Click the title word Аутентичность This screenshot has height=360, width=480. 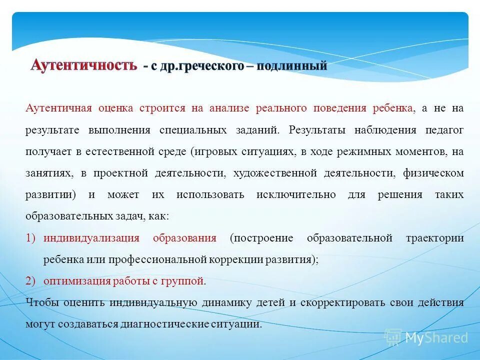pyautogui.click(x=83, y=65)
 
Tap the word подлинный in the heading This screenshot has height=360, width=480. pyautogui.click(x=292, y=65)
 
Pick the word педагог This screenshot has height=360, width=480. pyautogui.click(x=444, y=130)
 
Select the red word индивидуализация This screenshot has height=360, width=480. pyautogui.click(x=91, y=238)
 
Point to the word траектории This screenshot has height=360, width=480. pyautogui.click(x=434, y=238)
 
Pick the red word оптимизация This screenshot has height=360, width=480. pyautogui.click(x=77, y=281)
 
